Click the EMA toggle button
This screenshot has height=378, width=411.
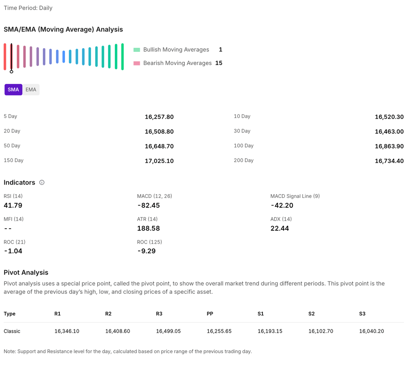pyautogui.click(x=31, y=89)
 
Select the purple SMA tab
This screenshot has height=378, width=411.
pyautogui.click(x=13, y=89)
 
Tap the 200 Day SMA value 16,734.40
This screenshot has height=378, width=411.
pyautogui.click(x=389, y=161)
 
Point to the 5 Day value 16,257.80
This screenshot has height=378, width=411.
pyautogui.click(x=159, y=117)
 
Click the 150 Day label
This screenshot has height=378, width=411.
pyautogui.click(x=14, y=161)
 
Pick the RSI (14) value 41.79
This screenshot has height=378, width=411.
pyautogui.click(x=13, y=205)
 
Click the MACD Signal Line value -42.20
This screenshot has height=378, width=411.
pyautogui.click(x=282, y=205)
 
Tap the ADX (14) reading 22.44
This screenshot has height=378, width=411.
pyautogui.click(x=280, y=228)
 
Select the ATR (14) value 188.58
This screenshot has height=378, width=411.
pyautogui.click(x=149, y=228)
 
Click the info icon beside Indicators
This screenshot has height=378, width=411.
pyautogui.click(x=42, y=183)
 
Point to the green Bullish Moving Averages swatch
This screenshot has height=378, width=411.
pyautogui.click(x=137, y=50)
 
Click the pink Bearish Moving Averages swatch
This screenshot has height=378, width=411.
pyautogui.click(x=137, y=63)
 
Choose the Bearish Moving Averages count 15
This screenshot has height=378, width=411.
pyautogui.click(x=219, y=63)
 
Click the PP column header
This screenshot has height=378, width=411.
pyautogui.click(x=210, y=314)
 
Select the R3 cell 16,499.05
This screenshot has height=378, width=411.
pyautogui.click(x=168, y=331)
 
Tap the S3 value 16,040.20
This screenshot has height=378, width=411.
pyautogui.click(x=372, y=331)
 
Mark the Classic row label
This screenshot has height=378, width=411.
pyautogui.click(x=12, y=331)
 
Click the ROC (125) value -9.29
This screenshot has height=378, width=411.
pyautogui.click(x=146, y=251)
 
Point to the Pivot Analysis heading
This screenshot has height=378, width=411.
pyautogui.click(x=26, y=272)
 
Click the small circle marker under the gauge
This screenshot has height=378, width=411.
pyautogui.click(x=11, y=72)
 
